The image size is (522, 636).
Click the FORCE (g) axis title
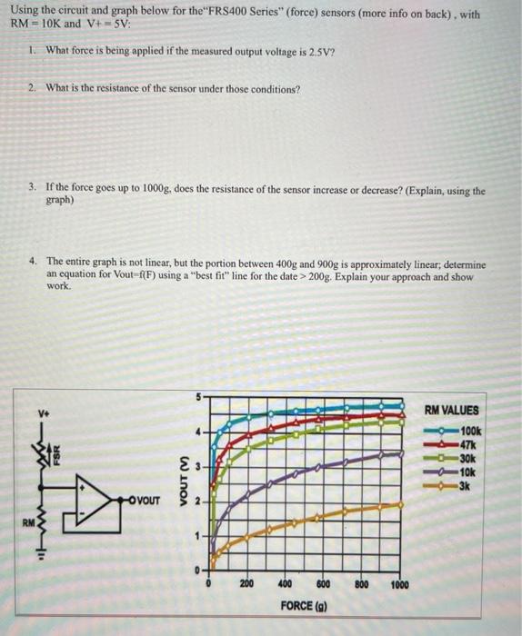305,604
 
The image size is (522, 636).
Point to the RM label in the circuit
30,522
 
